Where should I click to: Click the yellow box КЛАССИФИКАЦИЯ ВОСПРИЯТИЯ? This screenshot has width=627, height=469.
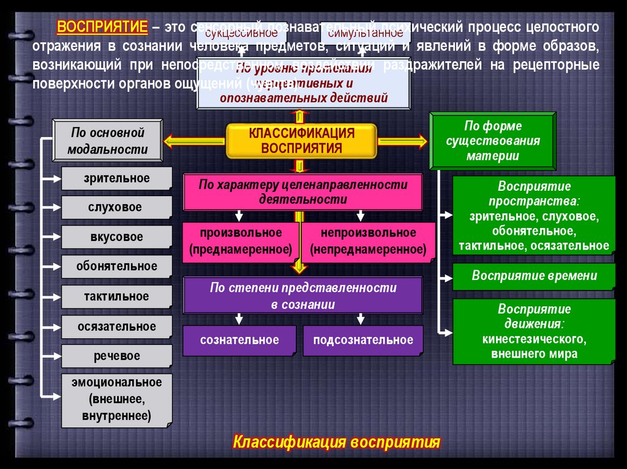coord(301,141)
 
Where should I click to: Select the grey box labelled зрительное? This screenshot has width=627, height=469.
coord(116,179)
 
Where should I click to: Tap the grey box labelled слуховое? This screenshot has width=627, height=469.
coord(116,207)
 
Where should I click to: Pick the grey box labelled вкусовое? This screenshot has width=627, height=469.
coord(116,237)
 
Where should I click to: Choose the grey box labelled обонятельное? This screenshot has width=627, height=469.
coord(116,266)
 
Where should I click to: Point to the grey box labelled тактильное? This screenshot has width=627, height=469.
coord(116,297)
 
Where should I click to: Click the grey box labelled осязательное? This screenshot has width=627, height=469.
coord(116,327)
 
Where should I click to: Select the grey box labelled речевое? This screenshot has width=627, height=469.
coord(116,356)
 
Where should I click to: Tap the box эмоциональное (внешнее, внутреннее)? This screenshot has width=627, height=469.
coord(116,400)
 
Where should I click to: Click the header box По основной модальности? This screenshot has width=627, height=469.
coord(108,141)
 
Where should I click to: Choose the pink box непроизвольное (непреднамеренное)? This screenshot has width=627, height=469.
coord(368,241)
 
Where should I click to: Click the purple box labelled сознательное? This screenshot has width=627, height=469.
coord(239,340)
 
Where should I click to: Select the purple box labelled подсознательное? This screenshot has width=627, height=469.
coord(363,340)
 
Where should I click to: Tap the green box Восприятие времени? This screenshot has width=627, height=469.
coord(534,276)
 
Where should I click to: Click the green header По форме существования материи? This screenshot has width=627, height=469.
coord(493,141)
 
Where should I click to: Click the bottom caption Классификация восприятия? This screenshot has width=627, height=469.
coord(337,442)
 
